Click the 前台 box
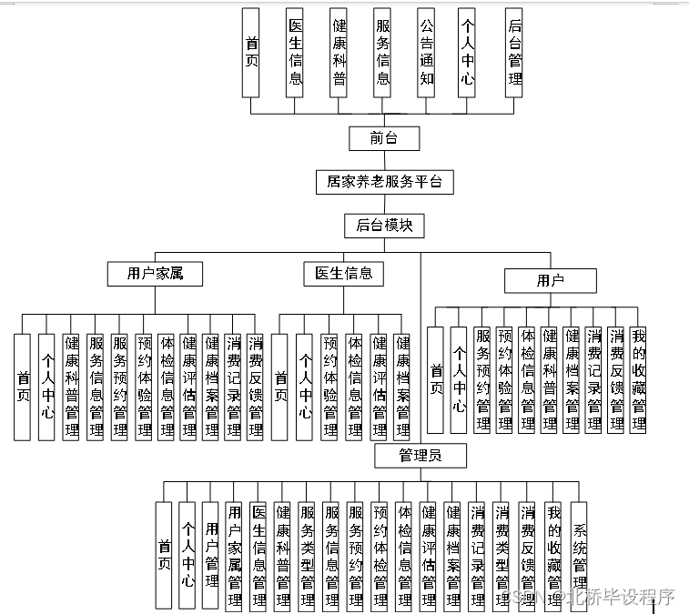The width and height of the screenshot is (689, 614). click(x=382, y=138)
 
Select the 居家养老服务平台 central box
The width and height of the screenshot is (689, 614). click(x=384, y=182)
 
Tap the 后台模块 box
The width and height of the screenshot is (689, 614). click(x=384, y=226)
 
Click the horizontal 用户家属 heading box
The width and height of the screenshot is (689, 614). click(x=154, y=273)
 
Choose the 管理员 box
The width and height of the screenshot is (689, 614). click(x=420, y=455)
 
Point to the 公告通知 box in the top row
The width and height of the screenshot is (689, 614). click(x=427, y=53)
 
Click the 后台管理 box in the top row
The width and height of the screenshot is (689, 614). click(x=514, y=53)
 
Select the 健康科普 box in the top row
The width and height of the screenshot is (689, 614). click(x=339, y=53)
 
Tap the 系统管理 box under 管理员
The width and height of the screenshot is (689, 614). click(x=579, y=555)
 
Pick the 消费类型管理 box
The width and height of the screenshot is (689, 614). click(x=502, y=555)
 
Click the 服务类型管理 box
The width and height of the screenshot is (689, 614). click(x=307, y=555)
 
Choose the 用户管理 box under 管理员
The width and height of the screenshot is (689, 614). click(x=211, y=555)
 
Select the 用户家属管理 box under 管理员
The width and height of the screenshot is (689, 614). click(x=235, y=555)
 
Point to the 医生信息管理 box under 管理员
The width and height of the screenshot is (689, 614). click(x=258, y=555)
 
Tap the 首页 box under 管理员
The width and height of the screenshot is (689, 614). click(x=165, y=555)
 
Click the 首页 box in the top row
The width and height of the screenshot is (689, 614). click(x=252, y=53)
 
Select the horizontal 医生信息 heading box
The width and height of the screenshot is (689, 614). click(x=344, y=273)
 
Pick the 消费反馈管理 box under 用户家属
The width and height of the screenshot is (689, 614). click(x=256, y=387)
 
